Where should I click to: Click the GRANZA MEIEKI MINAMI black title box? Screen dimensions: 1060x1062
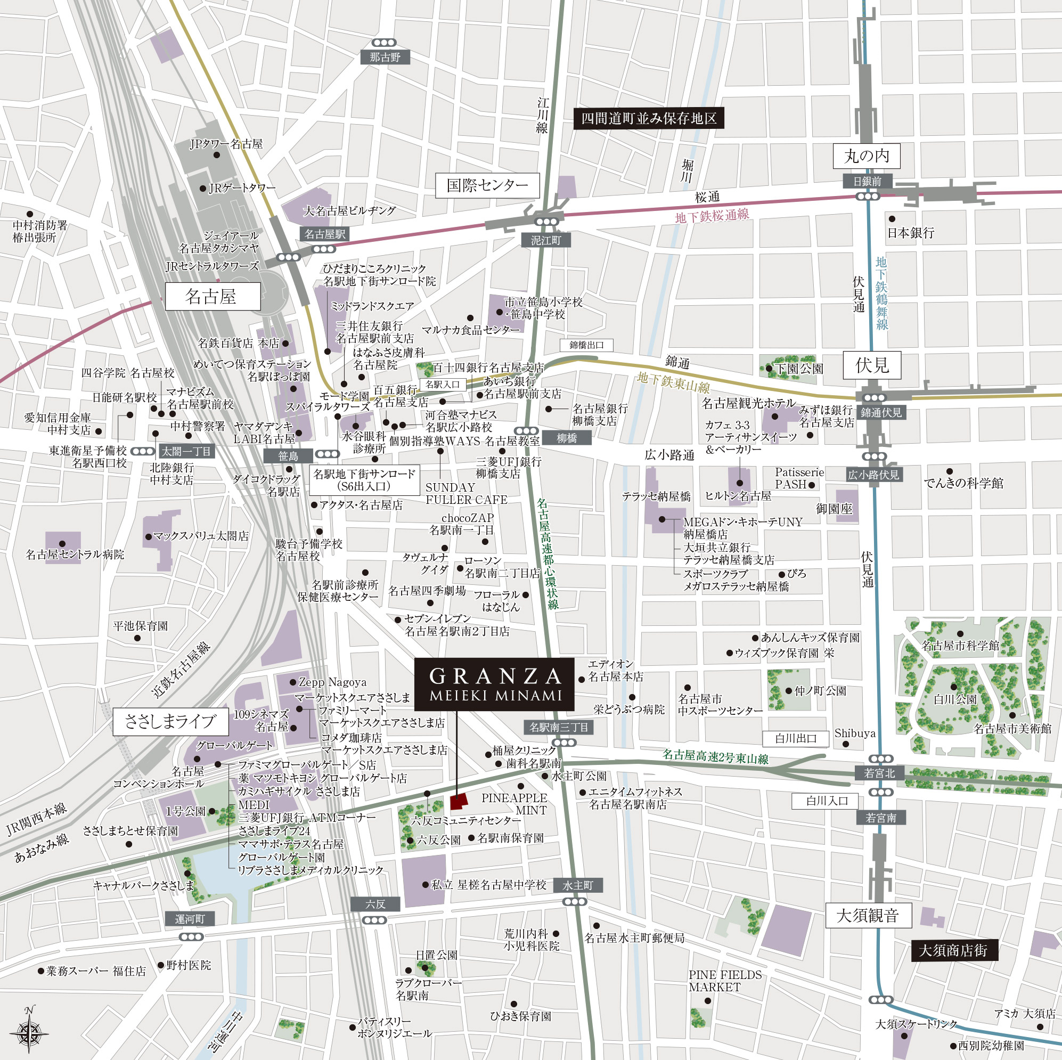tap(494, 684)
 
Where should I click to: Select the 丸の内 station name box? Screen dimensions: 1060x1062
tap(867, 156)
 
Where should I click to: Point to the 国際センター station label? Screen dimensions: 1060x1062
tap(487, 185)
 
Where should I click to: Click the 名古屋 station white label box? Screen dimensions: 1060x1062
tap(212, 297)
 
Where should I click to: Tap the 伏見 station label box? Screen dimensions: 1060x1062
tap(872, 365)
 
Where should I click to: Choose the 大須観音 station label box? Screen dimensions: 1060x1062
tap(868, 916)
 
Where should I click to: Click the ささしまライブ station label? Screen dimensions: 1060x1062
tap(170, 721)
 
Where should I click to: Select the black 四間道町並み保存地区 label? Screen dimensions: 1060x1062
tap(649, 119)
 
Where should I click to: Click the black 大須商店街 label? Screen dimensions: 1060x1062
tap(954, 950)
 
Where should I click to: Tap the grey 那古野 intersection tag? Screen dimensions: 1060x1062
tap(385, 57)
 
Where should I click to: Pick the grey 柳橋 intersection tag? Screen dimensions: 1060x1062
tap(566, 438)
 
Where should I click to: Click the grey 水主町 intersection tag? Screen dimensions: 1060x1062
tap(578, 885)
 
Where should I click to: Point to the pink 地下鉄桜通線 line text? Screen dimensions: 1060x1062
tap(712, 216)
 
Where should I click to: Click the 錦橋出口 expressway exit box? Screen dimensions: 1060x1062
tap(586, 345)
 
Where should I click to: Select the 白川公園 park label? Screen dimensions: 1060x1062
tap(955, 700)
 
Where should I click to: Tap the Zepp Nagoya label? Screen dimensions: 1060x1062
tap(332, 682)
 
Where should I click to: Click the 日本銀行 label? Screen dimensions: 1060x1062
tap(911, 233)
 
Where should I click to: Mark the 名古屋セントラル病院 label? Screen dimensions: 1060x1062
tap(75, 555)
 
